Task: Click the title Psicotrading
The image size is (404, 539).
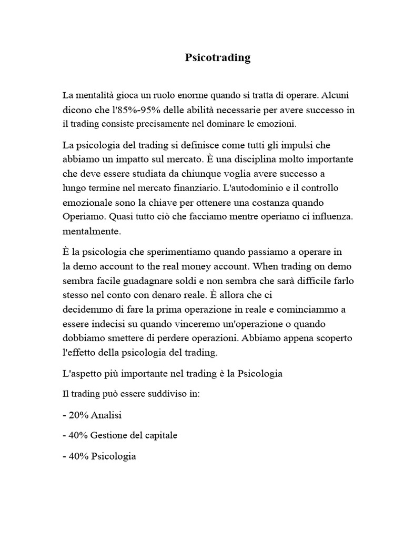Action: click(x=218, y=58)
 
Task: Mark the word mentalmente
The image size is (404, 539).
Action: click(x=92, y=231)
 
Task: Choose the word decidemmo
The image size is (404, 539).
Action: click(x=86, y=309)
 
